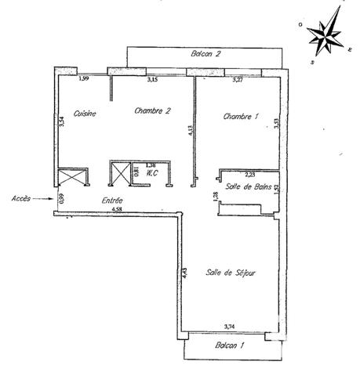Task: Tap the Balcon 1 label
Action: pyautogui.click(x=230, y=344)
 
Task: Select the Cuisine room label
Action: pyautogui.click(x=85, y=114)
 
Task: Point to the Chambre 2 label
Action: pyautogui.click(x=153, y=110)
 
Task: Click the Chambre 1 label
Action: pyautogui.click(x=241, y=117)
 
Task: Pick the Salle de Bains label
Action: pyautogui.click(x=247, y=185)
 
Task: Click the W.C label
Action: pyautogui.click(x=154, y=173)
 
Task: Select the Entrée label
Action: pyautogui.click(x=113, y=201)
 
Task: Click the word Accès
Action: pyautogui.click(x=21, y=199)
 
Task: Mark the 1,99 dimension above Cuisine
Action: pyautogui.click(x=83, y=78)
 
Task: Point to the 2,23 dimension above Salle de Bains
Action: pyautogui.click(x=250, y=174)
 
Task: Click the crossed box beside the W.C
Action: pyautogui.click(x=122, y=172)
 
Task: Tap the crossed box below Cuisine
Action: pyautogui.click(x=72, y=177)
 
